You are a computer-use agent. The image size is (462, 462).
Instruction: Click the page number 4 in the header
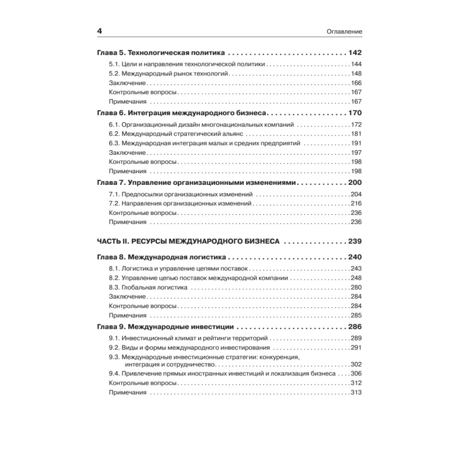(x=99, y=30)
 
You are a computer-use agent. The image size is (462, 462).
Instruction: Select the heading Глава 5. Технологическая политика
(x=161, y=52)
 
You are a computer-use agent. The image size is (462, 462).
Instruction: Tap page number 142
(x=355, y=52)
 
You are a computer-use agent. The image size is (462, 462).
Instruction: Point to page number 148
(x=356, y=73)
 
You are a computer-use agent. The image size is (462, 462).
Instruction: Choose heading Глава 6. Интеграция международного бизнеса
(x=182, y=113)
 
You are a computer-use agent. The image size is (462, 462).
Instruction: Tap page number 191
(x=356, y=143)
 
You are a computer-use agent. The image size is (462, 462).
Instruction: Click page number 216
(x=356, y=203)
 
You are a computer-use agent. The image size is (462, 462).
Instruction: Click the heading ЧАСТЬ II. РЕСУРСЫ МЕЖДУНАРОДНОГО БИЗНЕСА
(x=188, y=241)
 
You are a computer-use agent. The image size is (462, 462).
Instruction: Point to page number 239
(x=355, y=241)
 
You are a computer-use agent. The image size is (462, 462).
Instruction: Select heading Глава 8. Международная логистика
(x=161, y=257)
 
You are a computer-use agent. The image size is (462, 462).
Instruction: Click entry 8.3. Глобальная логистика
(x=148, y=287)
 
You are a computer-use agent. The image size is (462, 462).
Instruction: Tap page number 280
(x=356, y=287)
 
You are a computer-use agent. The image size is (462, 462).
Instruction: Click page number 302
(x=356, y=364)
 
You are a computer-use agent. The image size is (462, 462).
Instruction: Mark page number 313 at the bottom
(x=356, y=392)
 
